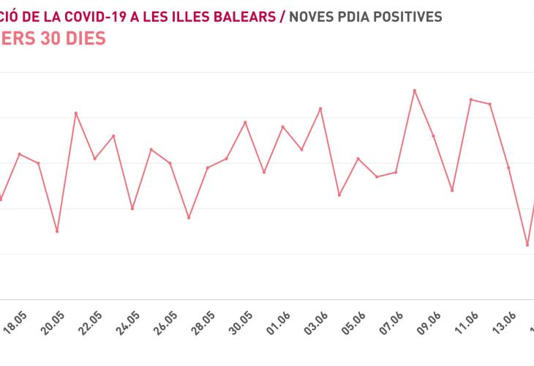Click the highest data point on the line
coord(414,90)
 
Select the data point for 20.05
coord(57,231)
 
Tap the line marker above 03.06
coord(320,108)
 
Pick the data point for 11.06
coord(470,99)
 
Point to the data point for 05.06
coord(358,158)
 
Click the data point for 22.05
coord(94,158)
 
